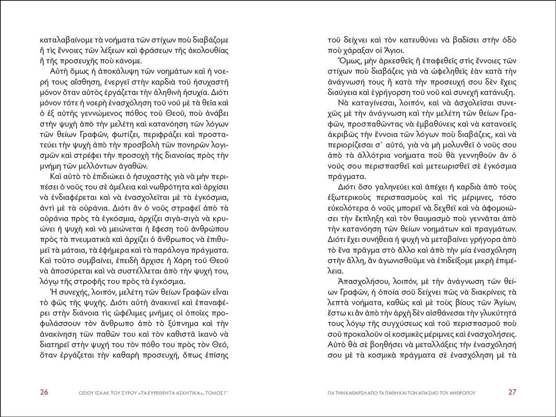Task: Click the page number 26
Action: (44, 393)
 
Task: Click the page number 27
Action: (512, 393)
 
